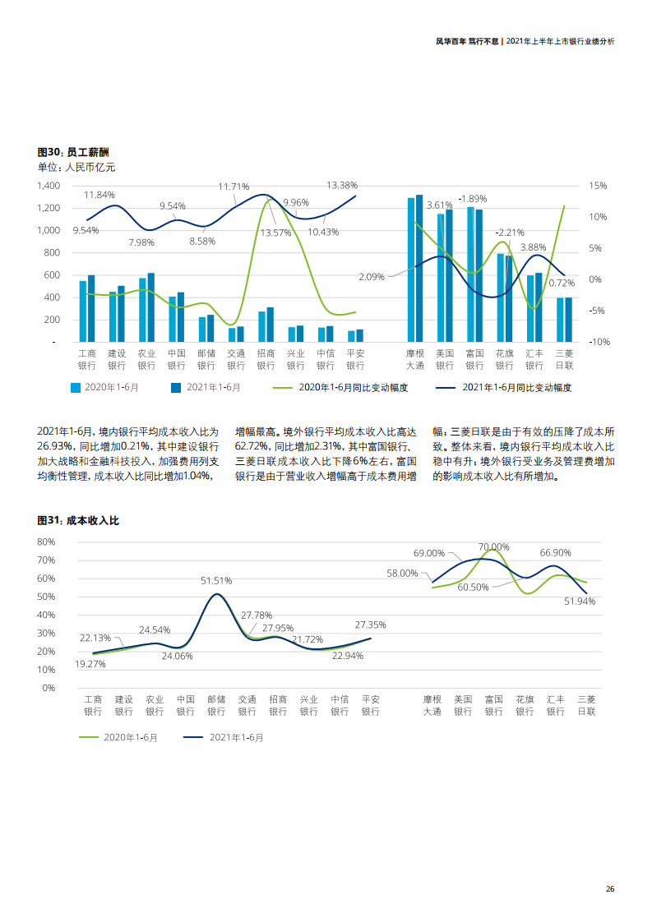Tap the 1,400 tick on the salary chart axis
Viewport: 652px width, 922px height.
tap(49, 186)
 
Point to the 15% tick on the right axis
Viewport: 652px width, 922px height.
tap(598, 186)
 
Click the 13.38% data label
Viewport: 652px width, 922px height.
tap(342, 185)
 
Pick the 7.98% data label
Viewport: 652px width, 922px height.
tap(141, 242)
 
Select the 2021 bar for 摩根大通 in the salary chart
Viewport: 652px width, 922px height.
tap(419, 268)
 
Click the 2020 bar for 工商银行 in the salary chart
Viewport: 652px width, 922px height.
tap(83, 311)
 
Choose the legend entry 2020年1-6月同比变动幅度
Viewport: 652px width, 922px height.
tap(352, 387)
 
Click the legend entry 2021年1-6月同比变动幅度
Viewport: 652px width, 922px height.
tap(516, 387)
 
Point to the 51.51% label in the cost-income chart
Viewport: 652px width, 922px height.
tap(216, 580)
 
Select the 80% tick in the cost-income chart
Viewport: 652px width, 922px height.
tap(46, 542)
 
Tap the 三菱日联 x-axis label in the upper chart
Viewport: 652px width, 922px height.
tap(564, 359)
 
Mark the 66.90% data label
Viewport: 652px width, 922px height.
tap(555, 553)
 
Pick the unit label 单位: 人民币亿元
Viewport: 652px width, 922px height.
tap(76, 167)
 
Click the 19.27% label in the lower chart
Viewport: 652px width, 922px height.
tap(90, 664)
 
